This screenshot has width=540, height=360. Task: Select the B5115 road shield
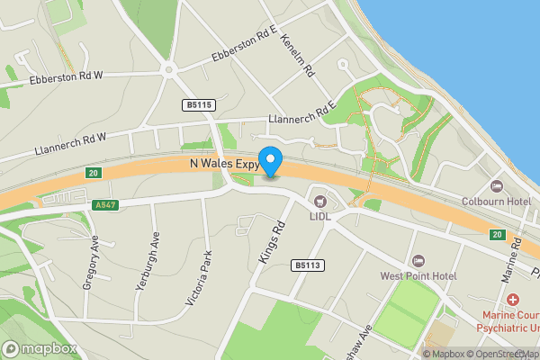tap(198, 105)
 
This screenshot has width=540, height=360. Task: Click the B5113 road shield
tap(307, 265)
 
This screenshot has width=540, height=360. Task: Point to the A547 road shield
tap(104, 205)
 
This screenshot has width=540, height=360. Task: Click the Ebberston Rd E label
tap(241, 46)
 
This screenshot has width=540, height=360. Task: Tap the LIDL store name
tap(321, 217)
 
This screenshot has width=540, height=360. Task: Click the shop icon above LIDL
tap(320, 200)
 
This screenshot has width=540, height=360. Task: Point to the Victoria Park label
tap(199, 280)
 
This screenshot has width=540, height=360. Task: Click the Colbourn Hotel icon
tap(496, 186)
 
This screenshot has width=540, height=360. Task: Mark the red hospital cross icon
tap(512, 299)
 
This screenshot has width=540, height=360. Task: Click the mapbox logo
tap(40, 349)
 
